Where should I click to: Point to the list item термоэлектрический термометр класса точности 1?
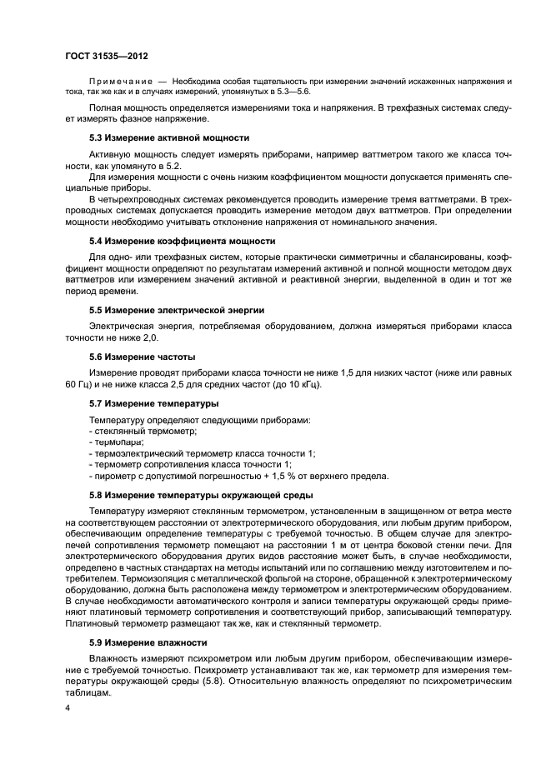tap(202, 453)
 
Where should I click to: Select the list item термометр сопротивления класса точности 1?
tap(190, 465)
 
